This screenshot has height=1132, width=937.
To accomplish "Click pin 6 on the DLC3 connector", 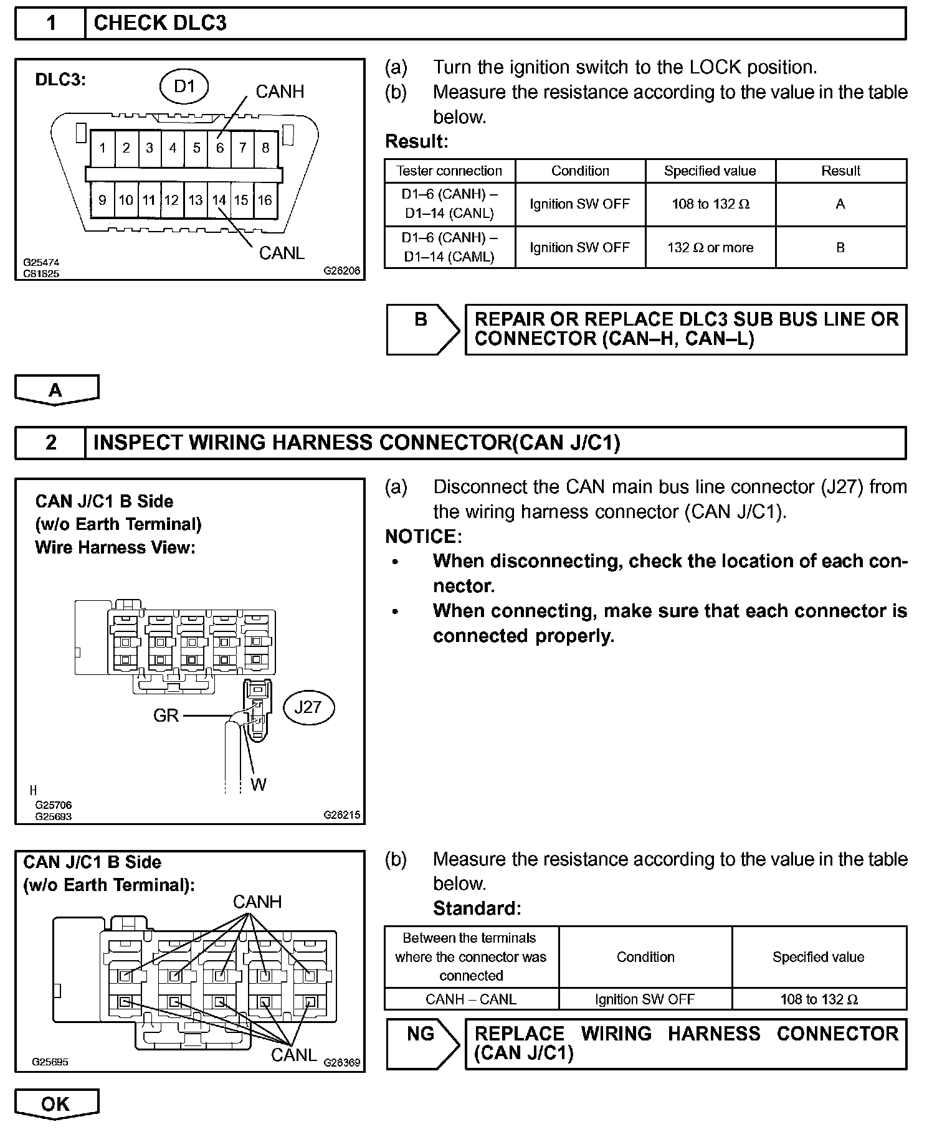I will pyautogui.click(x=220, y=148).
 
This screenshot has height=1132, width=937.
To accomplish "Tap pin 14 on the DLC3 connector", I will pyautogui.click(x=219, y=200).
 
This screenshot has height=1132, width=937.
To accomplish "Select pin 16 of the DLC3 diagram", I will pyautogui.click(x=265, y=200).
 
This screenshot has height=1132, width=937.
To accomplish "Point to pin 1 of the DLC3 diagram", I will pyautogui.click(x=102, y=148).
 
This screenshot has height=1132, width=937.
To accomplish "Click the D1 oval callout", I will pyautogui.click(x=184, y=87).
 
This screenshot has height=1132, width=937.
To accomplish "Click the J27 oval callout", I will pyautogui.click(x=308, y=707).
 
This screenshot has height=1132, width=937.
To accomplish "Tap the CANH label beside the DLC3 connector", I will pyautogui.click(x=280, y=92).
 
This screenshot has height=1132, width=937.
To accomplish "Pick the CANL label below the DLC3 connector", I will pyautogui.click(x=282, y=253).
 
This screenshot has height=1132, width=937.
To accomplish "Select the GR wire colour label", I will pyautogui.click(x=166, y=715).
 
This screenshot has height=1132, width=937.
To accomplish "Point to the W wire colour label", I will pyautogui.click(x=259, y=785).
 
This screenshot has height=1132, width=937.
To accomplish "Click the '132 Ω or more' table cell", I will pyautogui.click(x=710, y=248).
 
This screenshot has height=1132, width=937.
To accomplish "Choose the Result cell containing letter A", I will pyautogui.click(x=840, y=204).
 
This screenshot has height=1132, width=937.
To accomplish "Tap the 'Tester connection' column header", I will pyautogui.click(x=449, y=171).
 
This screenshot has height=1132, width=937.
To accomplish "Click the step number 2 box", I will pyautogui.click(x=50, y=443).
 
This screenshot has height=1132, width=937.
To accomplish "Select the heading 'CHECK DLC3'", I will pyautogui.click(x=160, y=24).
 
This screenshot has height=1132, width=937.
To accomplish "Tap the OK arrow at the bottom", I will pyautogui.click(x=56, y=1104).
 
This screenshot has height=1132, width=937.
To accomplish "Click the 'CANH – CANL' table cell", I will pyautogui.click(x=471, y=999).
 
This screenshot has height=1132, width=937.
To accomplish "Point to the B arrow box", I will pyautogui.click(x=422, y=329).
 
